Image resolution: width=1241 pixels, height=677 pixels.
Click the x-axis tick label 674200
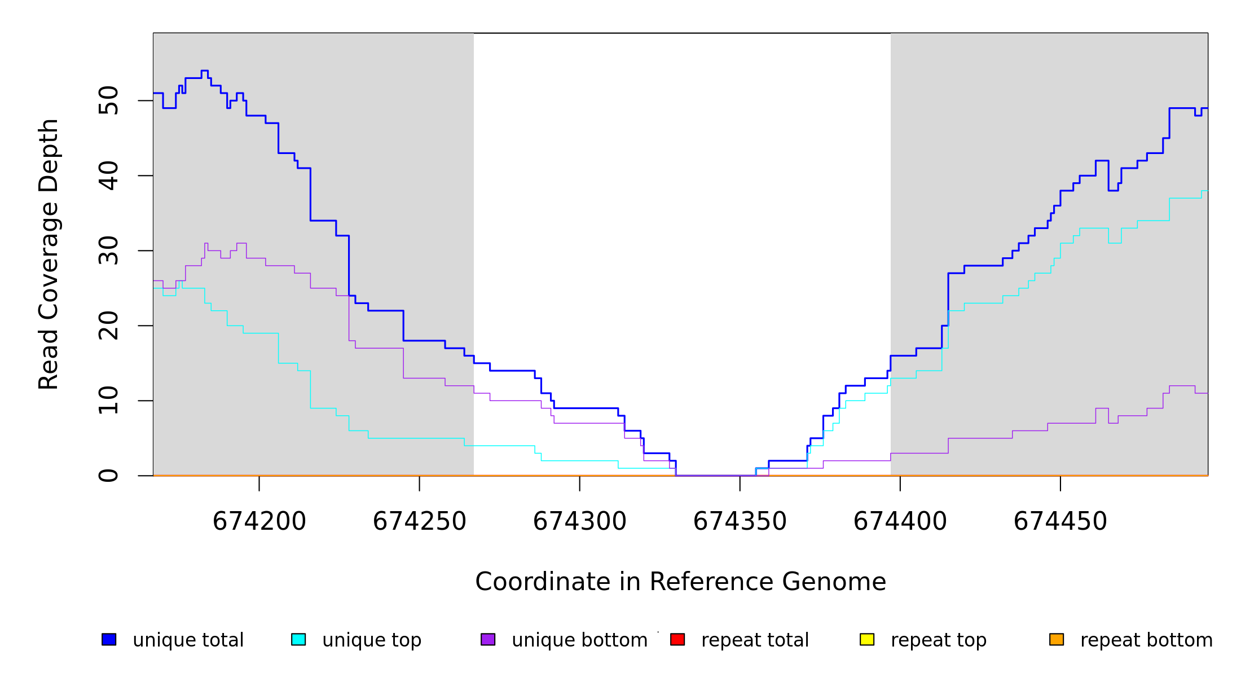point(259,521)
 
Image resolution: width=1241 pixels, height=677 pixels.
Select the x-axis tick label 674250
point(419,521)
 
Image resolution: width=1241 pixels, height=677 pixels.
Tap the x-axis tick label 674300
point(579,521)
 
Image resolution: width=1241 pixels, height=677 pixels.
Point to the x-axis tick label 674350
point(740,521)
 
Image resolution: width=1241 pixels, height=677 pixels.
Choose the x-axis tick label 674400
point(900,521)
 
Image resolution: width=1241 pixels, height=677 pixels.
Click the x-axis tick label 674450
point(1060,521)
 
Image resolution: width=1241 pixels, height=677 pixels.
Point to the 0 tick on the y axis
point(108,476)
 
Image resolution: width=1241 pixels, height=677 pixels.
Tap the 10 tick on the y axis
point(108,401)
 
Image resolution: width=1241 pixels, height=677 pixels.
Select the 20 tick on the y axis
point(108,326)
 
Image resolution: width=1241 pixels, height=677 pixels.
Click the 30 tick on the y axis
point(108,250)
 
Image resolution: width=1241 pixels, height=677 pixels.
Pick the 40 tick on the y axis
point(108,175)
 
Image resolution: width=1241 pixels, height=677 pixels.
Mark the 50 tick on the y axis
point(108,100)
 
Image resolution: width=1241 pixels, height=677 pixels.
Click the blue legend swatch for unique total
point(109,639)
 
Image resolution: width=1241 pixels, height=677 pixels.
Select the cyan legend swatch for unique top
point(298,639)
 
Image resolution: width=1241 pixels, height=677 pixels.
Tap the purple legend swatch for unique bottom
point(488,639)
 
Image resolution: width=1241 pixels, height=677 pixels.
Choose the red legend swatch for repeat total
point(677,639)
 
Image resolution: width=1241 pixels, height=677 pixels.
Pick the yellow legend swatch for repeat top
point(867,639)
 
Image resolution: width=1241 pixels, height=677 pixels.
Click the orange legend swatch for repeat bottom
point(1057,639)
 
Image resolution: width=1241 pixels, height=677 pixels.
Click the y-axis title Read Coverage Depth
point(49,254)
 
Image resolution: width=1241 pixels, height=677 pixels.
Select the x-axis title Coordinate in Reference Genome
point(680,582)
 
